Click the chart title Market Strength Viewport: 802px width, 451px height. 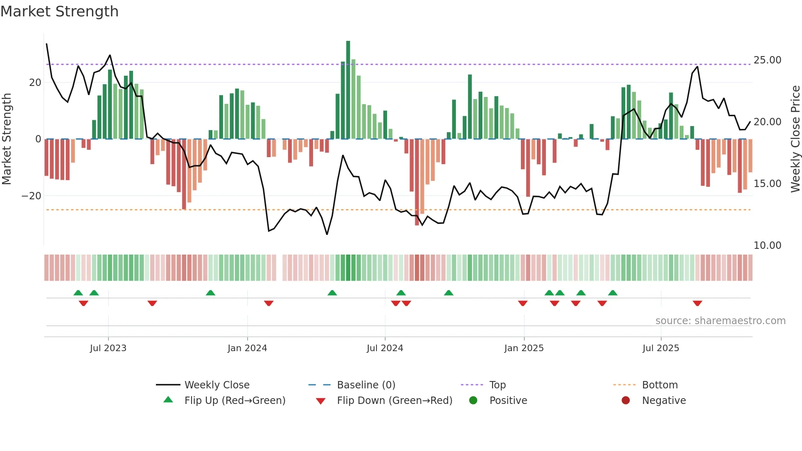click(59, 11)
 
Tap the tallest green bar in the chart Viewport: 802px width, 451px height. click(348, 90)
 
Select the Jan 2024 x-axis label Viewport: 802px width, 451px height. click(247, 348)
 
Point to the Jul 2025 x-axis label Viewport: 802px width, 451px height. click(660, 348)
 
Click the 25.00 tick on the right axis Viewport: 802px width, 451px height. click(767, 60)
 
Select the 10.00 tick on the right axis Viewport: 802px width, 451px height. click(767, 246)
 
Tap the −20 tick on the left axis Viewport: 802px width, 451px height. click(31, 196)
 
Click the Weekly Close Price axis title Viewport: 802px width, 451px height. click(795, 139)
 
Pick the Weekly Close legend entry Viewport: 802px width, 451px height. click(216, 385)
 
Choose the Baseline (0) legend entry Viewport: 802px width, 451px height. click(366, 385)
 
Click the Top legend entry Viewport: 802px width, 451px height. click(497, 385)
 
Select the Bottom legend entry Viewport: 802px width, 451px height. click(660, 385)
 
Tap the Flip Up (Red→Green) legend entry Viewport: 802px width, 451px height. click(234, 401)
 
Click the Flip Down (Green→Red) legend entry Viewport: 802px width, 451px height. click(394, 401)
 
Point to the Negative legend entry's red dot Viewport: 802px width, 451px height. click(625, 401)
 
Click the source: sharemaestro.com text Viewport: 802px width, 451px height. click(720, 321)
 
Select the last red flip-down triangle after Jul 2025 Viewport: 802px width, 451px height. click(697, 303)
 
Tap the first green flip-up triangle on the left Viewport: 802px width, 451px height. click(78, 293)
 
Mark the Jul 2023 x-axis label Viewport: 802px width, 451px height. click(108, 348)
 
